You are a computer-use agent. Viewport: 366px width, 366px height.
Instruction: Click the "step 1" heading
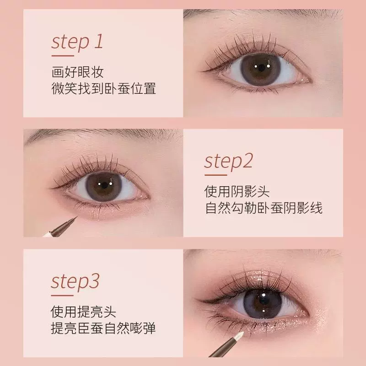[77, 43]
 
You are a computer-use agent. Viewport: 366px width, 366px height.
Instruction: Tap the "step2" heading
[228, 162]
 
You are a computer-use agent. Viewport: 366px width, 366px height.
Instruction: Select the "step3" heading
[75, 282]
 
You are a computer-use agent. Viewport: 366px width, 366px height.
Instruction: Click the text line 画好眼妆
[77, 72]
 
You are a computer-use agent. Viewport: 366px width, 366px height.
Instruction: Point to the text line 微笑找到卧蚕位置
[104, 88]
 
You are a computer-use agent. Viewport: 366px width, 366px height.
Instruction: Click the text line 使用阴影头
[237, 191]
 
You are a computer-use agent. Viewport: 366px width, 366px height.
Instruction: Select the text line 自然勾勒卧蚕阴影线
[264, 208]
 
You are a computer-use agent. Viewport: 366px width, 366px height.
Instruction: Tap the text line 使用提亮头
[83, 312]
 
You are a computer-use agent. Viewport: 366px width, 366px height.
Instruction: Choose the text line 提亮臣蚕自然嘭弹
[103, 328]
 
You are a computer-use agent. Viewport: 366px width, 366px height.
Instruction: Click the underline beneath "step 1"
[63, 56]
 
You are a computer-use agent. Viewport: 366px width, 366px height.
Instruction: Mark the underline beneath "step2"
[215, 175]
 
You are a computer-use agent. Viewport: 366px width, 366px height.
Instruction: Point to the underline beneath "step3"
[62, 295]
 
